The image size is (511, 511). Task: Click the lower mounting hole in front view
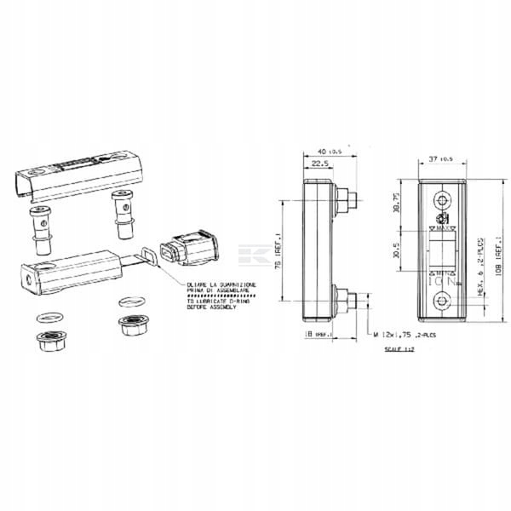coord(441,301)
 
